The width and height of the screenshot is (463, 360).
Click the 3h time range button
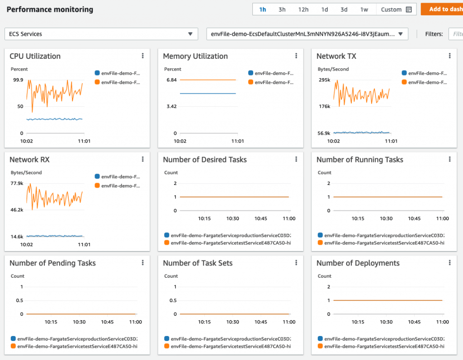point(282,9)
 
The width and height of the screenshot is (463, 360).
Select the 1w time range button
point(364,9)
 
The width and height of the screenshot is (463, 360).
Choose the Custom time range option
point(396,9)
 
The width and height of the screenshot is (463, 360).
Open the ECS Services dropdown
point(101,34)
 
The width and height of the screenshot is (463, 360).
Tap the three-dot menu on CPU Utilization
point(143,56)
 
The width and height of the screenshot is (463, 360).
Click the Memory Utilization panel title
point(195,56)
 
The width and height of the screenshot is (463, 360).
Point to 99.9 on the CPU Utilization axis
point(18,80)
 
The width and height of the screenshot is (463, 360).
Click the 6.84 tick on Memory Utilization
point(171,80)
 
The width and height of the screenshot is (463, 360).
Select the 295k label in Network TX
point(324,80)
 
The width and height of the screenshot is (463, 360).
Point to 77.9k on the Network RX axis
point(17,183)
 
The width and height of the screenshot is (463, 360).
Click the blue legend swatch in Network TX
point(404,73)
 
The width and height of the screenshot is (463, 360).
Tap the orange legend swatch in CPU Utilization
point(97,82)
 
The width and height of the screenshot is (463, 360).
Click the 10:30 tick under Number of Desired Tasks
point(233,218)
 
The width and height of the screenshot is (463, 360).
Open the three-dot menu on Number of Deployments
point(449,263)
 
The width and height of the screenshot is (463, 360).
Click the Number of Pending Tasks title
point(52,263)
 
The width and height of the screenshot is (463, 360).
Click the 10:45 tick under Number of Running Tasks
point(414,218)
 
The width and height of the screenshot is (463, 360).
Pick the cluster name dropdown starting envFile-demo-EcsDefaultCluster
point(307,34)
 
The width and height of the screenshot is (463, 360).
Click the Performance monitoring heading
point(50,9)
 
